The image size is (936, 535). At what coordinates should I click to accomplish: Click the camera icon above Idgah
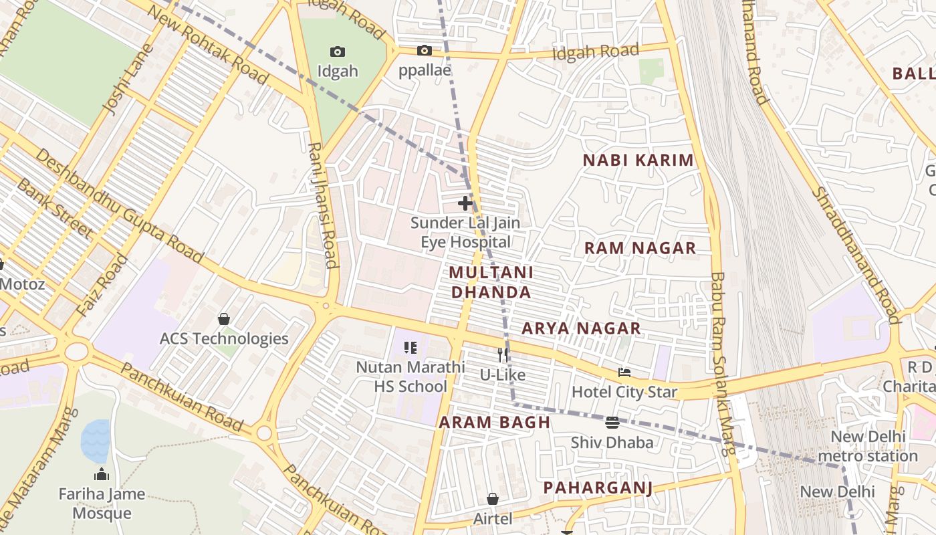coord(338,51)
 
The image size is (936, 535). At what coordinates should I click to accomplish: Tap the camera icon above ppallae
coord(424,50)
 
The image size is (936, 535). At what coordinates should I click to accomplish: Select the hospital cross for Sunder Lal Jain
coord(465,203)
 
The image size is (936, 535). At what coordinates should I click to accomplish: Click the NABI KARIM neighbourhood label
coord(638,160)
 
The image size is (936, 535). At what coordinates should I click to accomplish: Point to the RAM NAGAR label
coord(640,248)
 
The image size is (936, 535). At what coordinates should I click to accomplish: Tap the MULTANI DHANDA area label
coord(491,282)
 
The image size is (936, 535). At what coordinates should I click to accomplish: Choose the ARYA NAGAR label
coord(581,328)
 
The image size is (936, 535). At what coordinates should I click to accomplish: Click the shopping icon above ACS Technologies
coord(224,319)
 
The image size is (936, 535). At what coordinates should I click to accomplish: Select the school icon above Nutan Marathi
coord(411,347)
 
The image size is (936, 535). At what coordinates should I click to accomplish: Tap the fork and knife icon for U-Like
coord(503,355)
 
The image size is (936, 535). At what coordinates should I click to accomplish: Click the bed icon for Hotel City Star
coord(624,372)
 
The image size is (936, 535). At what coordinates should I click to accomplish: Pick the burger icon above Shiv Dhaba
coord(612,423)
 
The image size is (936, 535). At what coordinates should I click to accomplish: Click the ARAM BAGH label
coord(494,423)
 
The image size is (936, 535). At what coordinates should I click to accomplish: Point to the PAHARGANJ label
coord(597,488)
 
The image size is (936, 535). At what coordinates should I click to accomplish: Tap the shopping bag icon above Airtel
coord(492,499)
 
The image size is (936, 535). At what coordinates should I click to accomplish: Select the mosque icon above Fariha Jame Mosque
coord(102,475)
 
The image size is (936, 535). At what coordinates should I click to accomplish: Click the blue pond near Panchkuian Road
coord(95,440)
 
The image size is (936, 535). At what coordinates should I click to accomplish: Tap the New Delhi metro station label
coord(867,446)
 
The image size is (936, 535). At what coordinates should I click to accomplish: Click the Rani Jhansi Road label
coord(323,205)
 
